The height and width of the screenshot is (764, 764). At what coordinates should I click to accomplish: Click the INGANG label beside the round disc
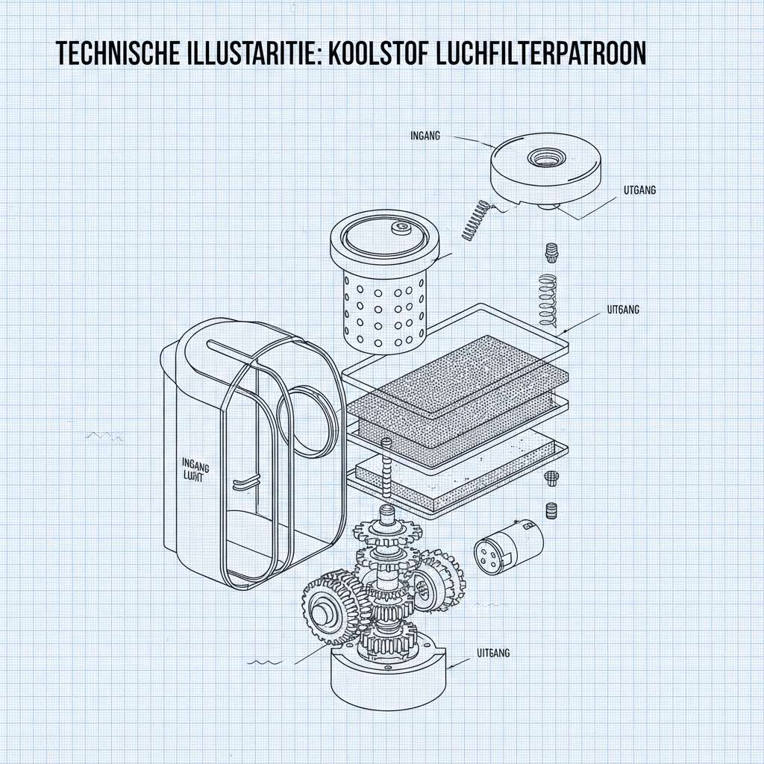pyautogui.click(x=426, y=136)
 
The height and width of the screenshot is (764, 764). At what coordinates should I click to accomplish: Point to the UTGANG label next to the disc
pyautogui.click(x=638, y=190)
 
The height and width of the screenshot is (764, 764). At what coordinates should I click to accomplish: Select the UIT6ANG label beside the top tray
pyautogui.click(x=620, y=308)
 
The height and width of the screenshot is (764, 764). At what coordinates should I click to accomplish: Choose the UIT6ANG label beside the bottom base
pyautogui.click(x=492, y=653)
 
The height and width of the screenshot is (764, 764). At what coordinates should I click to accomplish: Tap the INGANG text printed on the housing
pyautogui.click(x=195, y=464)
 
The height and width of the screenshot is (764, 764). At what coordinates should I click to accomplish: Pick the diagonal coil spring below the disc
pyautogui.click(x=476, y=220)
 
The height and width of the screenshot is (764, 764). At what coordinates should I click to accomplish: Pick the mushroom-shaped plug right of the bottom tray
pyautogui.click(x=552, y=478)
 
